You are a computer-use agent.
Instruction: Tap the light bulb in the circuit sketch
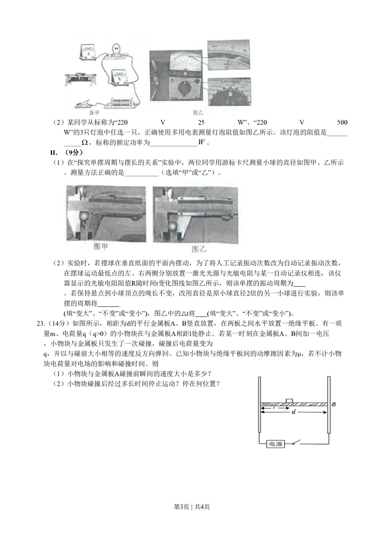pos(116,49)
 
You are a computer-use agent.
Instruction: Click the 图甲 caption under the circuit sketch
pos(94,113)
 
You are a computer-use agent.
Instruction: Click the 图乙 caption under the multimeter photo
pos(197,113)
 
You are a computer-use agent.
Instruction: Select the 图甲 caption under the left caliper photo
pos(101,247)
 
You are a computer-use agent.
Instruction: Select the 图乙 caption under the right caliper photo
pos(199,249)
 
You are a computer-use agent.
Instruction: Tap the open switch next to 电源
pos(298,444)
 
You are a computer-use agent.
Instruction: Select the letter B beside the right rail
pos(334,404)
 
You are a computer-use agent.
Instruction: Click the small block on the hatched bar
pos(290,401)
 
